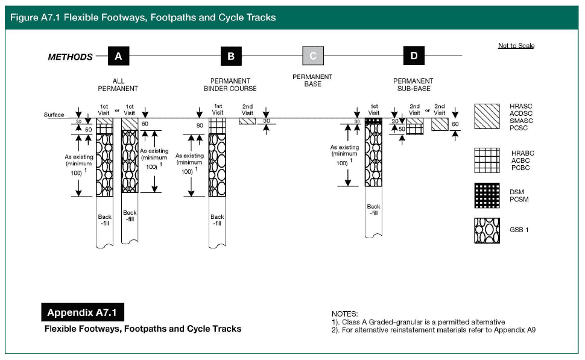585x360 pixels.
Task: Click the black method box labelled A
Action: tap(119, 56)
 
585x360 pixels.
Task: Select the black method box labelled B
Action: tap(231, 56)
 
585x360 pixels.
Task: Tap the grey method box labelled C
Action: tap(312, 56)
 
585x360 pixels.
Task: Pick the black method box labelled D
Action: tap(414, 56)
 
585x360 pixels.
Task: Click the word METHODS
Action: tap(71, 57)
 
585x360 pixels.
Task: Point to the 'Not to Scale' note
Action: tap(516, 46)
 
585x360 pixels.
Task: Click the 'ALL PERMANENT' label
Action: tap(118, 84)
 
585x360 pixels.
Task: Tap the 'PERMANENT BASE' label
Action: tap(312, 80)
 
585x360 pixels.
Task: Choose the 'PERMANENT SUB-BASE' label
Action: tap(413, 84)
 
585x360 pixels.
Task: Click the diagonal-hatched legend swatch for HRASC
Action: tap(487, 116)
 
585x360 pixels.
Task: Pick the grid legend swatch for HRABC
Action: tap(487, 160)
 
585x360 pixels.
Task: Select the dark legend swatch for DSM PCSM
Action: tap(487, 195)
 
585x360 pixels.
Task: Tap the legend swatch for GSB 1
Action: tap(487, 230)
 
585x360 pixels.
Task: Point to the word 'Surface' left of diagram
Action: tap(54, 115)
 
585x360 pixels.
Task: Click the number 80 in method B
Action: tap(199, 125)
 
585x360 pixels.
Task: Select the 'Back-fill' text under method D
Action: tap(373, 210)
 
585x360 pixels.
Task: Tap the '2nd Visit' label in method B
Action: tap(248, 110)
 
